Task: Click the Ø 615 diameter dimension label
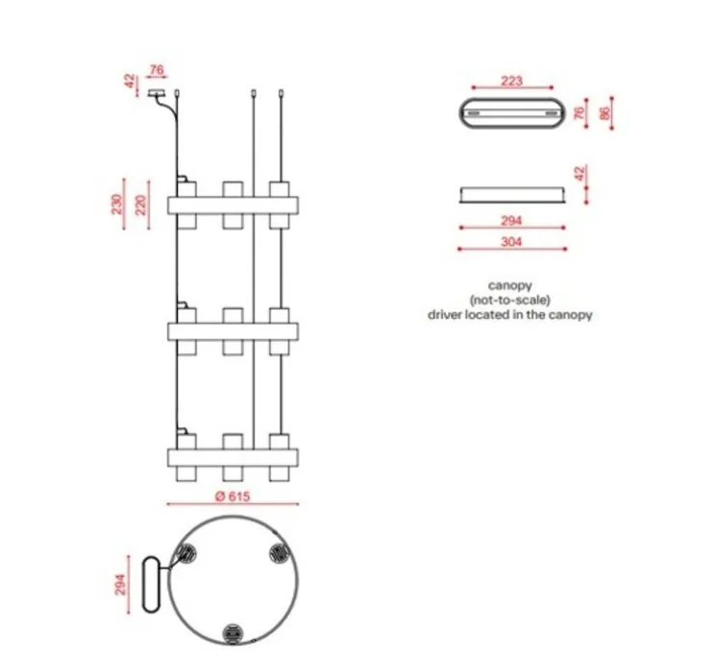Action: (233, 496)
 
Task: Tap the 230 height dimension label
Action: (117, 204)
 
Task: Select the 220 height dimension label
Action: (141, 205)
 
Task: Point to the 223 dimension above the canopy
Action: (511, 81)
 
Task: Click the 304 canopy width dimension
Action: (511, 241)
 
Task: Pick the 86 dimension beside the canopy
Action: (604, 113)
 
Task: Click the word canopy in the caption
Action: (509, 285)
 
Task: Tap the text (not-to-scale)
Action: (509, 301)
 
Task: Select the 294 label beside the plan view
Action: (120, 585)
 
